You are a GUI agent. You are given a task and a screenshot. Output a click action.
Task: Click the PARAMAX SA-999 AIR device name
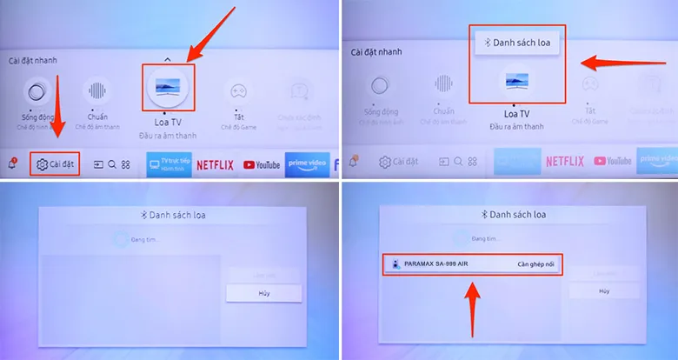[x=436, y=263]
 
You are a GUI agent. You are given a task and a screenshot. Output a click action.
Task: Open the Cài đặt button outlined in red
[x=55, y=163]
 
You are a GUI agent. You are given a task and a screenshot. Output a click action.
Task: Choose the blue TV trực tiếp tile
[x=169, y=163]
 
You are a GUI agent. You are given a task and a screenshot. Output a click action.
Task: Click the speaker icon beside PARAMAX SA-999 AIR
[x=395, y=263]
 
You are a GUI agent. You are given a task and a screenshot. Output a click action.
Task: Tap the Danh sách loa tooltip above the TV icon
[x=517, y=42]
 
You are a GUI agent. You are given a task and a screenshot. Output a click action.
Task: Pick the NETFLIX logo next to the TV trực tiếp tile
[x=214, y=164]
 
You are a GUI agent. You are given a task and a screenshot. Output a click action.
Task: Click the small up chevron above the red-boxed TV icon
[x=169, y=58]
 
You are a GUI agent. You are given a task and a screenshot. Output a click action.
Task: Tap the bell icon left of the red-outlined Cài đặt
[x=14, y=163]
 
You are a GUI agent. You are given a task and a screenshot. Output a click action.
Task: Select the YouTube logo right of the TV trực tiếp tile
[x=262, y=164]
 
